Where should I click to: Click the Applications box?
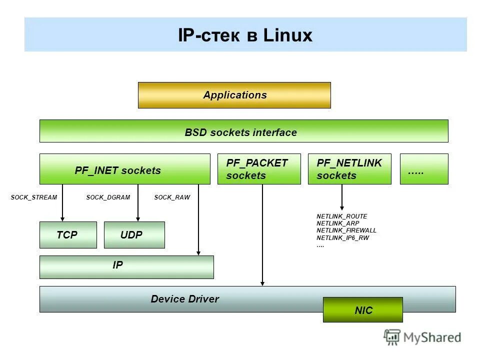click(234, 95)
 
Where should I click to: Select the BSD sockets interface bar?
click(243, 131)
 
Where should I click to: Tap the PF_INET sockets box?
click(124, 169)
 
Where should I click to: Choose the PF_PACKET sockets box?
click(258, 169)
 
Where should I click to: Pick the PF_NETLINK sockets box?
click(349, 169)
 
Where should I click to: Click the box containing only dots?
click(423, 169)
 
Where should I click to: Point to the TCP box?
click(68, 235)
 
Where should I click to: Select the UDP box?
click(134, 235)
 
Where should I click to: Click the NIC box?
click(362, 310)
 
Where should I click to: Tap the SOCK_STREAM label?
click(34, 197)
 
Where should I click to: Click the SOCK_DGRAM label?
click(108, 197)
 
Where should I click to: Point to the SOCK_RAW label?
click(172, 197)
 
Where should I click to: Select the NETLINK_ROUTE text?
click(341, 216)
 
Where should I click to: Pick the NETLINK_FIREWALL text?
click(346, 230)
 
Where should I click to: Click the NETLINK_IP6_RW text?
click(342, 238)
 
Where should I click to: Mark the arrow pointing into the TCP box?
click(62, 205)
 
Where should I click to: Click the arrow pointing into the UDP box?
click(138, 205)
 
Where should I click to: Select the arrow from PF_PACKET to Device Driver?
click(262, 235)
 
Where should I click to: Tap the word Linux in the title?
click(287, 35)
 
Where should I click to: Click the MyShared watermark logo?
click(422, 337)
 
